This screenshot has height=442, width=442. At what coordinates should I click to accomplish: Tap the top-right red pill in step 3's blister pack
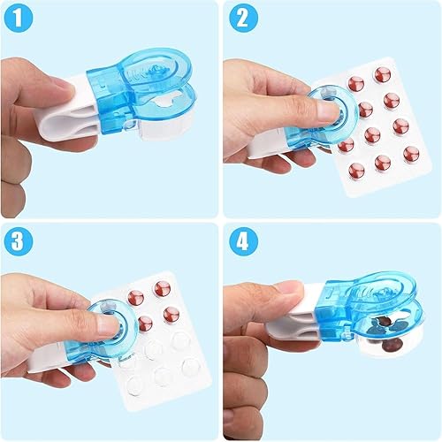pos(163,288)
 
